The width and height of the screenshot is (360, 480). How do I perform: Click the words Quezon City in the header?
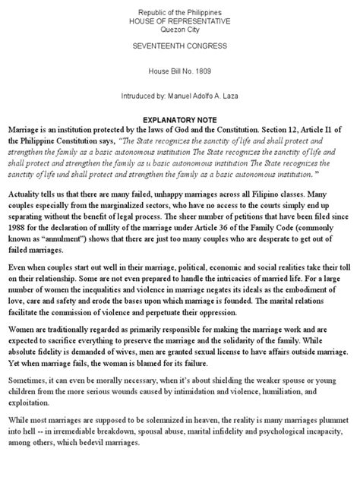[x=179, y=30]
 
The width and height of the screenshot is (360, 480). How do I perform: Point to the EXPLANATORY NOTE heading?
[x=179, y=120]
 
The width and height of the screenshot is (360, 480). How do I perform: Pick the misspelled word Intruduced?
[x=141, y=96]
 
